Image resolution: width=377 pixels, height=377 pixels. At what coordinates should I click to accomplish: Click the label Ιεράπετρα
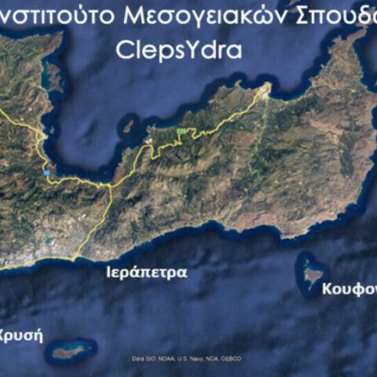(147, 273)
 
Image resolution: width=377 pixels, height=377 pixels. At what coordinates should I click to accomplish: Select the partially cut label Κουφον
(349, 289)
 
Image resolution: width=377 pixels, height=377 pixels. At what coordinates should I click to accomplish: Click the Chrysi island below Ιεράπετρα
(71, 350)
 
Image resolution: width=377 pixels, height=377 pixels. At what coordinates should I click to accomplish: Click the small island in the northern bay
(129, 125)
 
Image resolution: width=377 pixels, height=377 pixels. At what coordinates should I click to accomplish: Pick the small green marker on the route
(183, 130)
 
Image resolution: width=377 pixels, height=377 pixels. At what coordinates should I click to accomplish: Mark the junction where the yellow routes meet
(109, 185)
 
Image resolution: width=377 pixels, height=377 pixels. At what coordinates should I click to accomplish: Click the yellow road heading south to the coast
(96, 224)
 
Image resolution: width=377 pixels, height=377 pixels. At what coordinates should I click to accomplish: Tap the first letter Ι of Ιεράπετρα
(109, 273)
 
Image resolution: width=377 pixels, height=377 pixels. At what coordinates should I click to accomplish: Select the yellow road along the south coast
(31, 265)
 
